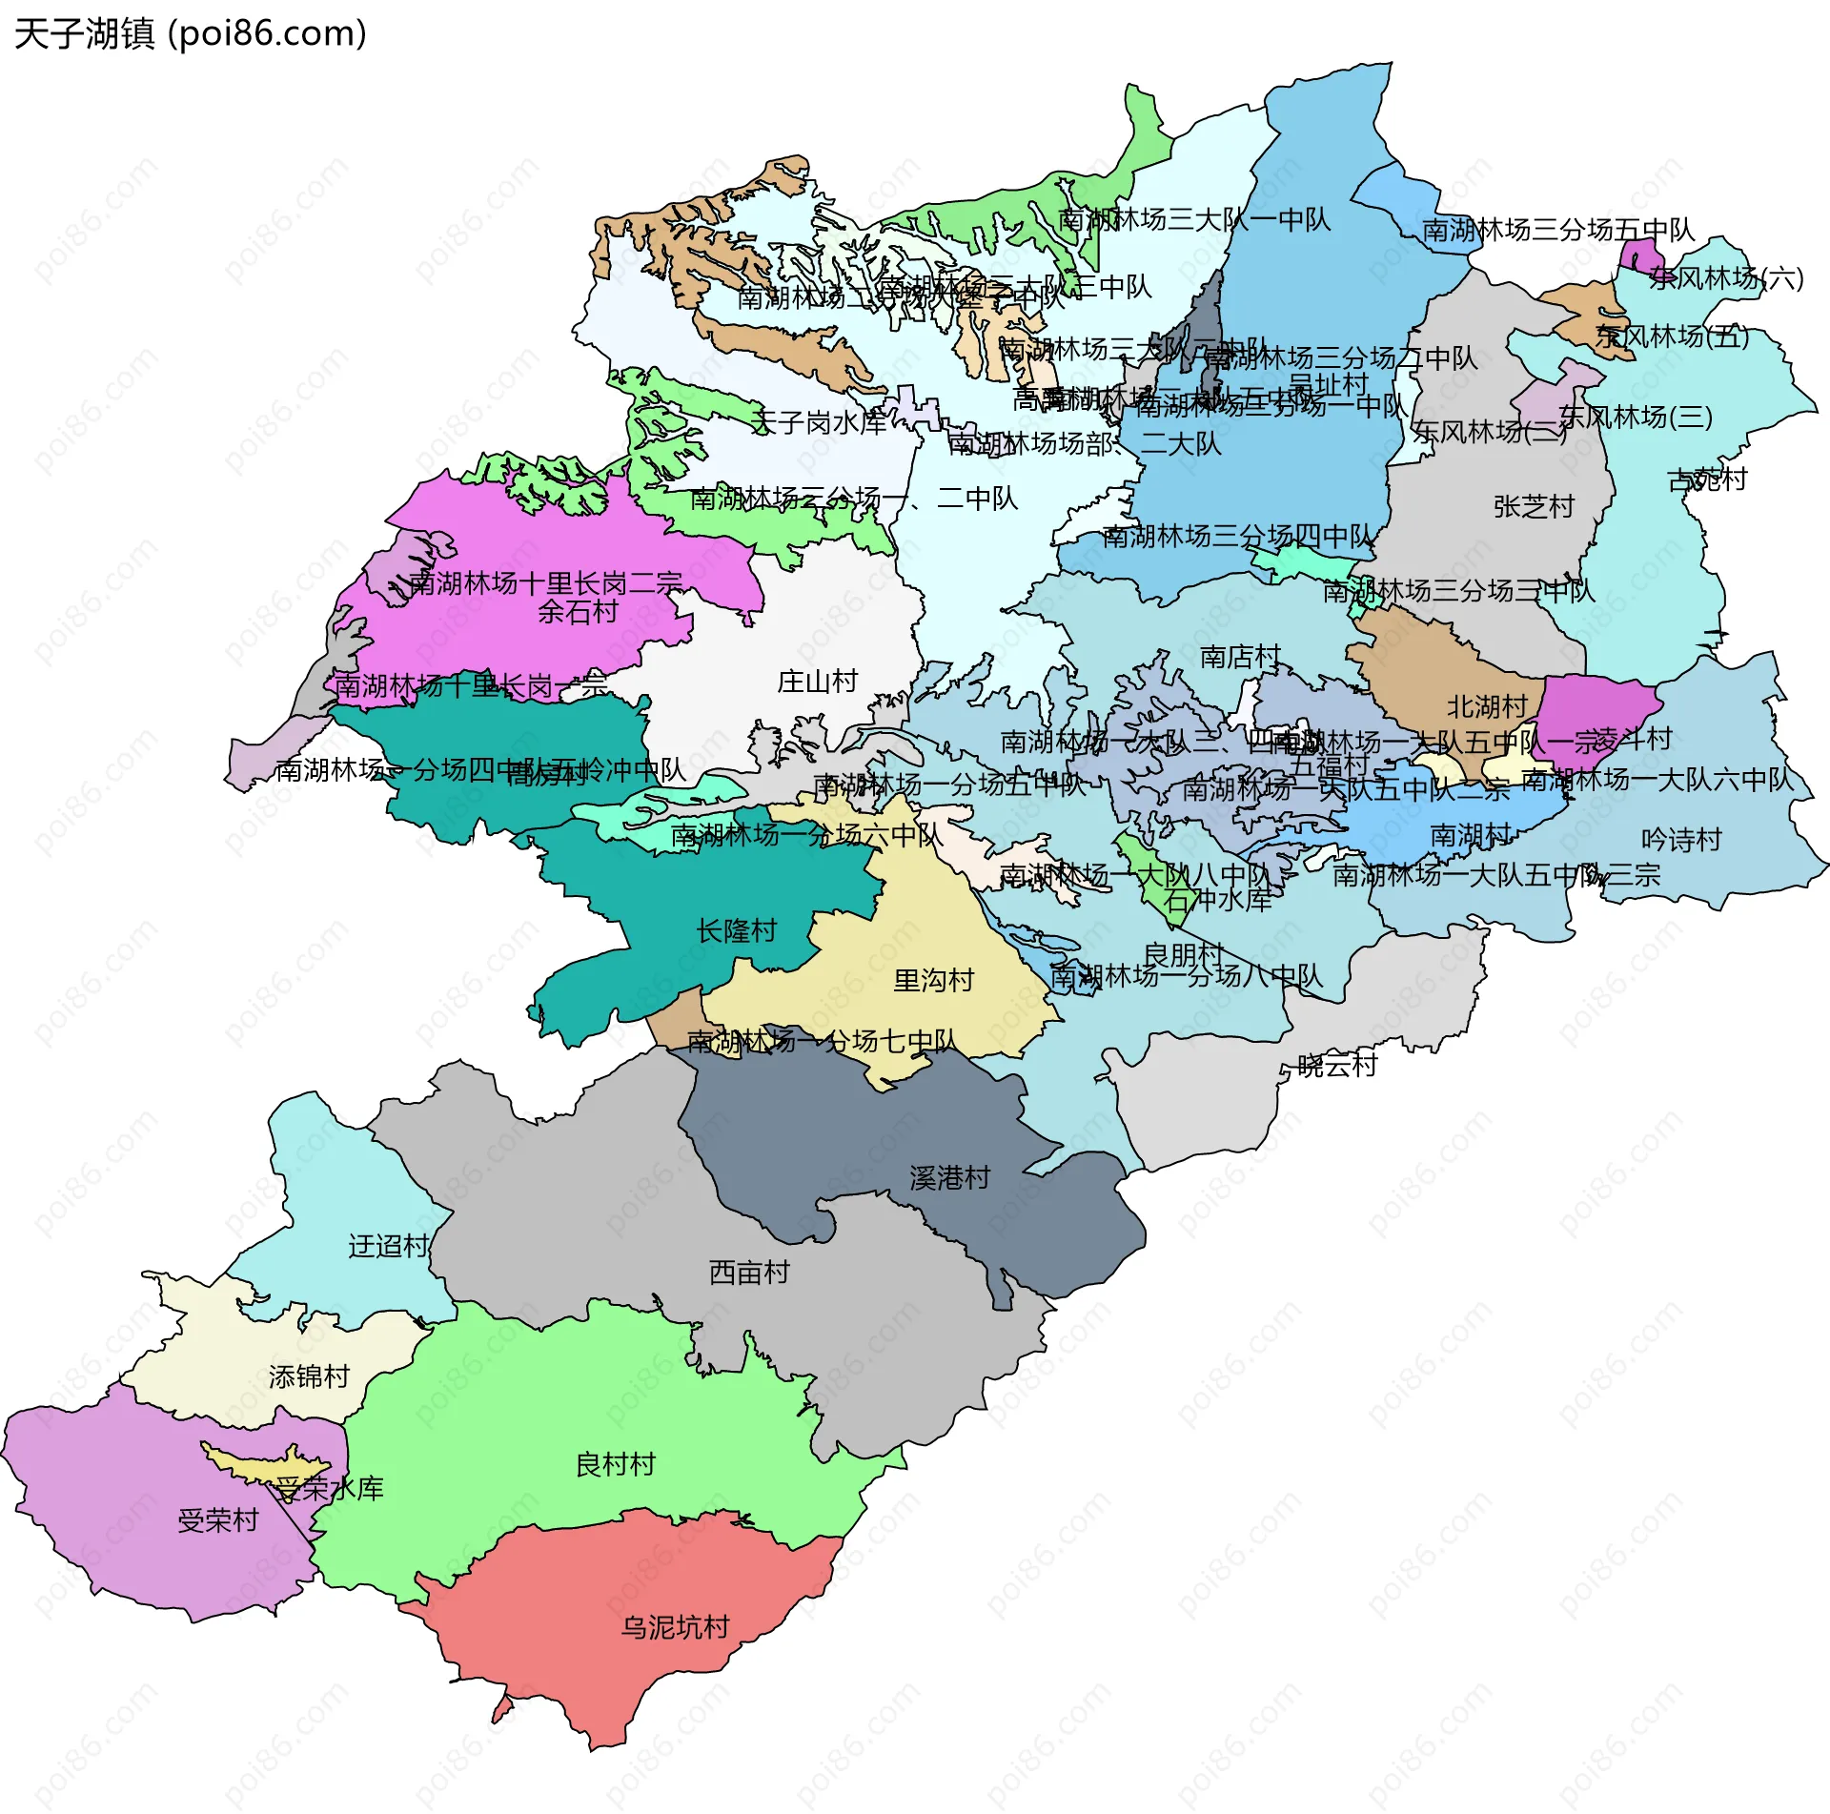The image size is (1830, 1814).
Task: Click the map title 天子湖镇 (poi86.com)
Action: (191, 34)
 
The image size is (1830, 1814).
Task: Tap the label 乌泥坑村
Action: (675, 1626)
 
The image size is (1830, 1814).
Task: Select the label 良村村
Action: (616, 1463)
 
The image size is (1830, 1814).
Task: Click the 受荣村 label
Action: (218, 1519)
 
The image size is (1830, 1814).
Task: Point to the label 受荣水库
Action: (329, 1488)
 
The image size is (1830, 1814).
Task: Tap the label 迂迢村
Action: (389, 1245)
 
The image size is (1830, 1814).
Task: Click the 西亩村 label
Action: (749, 1272)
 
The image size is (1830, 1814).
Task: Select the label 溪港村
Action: (949, 1177)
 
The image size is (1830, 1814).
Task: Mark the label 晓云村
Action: (1337, 1065)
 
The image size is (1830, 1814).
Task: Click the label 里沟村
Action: (933, 980)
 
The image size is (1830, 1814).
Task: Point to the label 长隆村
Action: (737, 930)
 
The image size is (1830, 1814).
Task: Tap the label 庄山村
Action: (818, 681)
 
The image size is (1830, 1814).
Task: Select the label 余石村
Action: (578, 611)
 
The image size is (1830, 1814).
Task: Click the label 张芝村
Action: (1534, 506)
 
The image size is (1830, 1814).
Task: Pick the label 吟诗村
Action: (1681, 839)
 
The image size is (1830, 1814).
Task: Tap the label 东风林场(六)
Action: (1726, 277)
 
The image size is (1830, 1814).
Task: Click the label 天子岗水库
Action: (819, 422)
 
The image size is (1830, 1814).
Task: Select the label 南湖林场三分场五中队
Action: (1558, 230)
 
